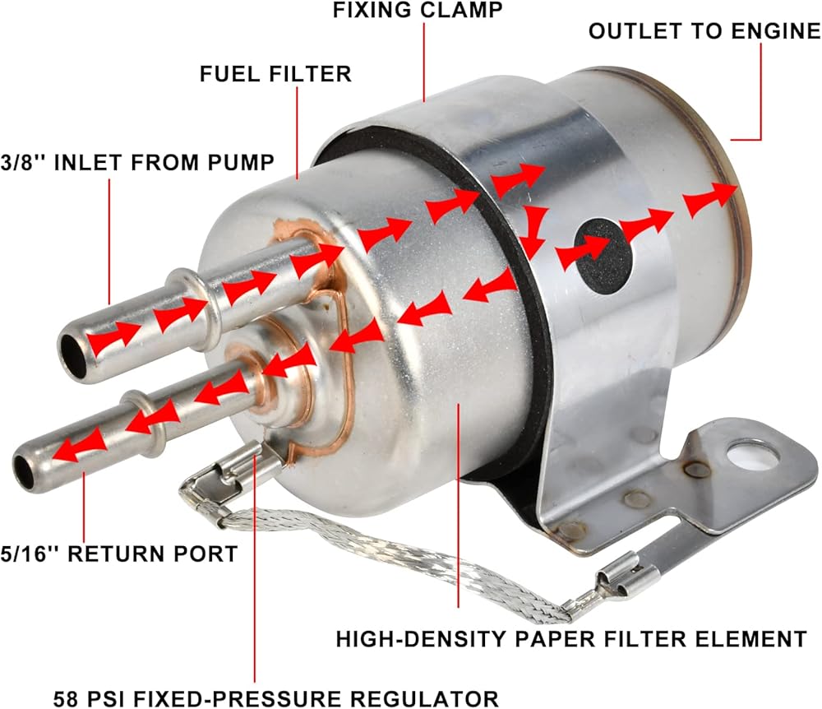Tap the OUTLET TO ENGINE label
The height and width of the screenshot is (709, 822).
point(704,32)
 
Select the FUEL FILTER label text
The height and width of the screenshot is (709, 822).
point(275,74)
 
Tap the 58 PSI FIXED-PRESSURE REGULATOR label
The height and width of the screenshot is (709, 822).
point(275,698)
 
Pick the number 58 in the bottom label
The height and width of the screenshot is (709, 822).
point(66,698)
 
